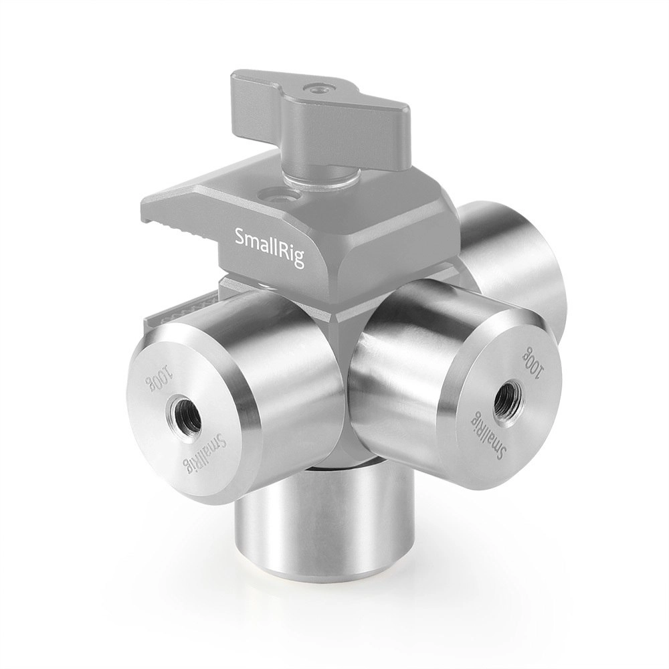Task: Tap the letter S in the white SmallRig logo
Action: [x=240, y=236]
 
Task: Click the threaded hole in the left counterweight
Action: [x=185, y=413]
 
